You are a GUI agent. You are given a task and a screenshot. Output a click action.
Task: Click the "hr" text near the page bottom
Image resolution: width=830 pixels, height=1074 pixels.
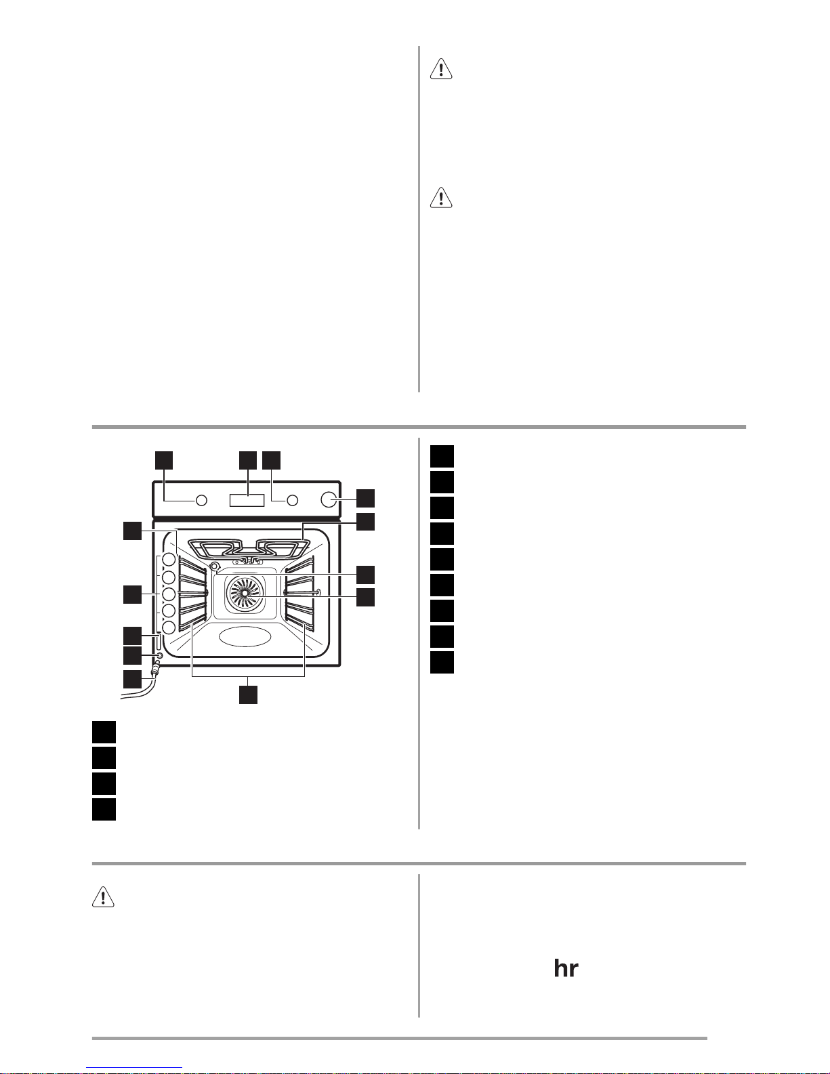pyautogui.click(x=566, y=969)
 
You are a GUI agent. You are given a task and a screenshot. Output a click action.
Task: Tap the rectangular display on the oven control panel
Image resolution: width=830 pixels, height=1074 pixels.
pyautogui.click(x=247, y=500)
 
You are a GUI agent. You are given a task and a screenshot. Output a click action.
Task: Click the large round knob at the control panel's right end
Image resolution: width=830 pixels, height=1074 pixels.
pyautogui.click(x=328, y=499)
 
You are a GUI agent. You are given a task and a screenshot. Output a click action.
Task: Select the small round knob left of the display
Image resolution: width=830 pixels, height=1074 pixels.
pyautogui.click(x=201, y=500)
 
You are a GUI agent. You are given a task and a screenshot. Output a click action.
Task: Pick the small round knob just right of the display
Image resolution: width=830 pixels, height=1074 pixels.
pyautogui.click(x=293, y=500)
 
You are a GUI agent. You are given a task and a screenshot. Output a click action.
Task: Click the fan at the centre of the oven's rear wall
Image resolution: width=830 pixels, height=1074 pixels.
pyautogui.click(x=245, y=592)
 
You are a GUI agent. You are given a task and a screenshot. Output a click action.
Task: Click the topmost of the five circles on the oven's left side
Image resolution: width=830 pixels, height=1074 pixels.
pyautogui.click(x=169, y=560)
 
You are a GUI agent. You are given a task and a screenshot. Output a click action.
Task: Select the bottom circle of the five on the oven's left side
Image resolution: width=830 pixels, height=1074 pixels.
pyautogui.click(x=169, y=627)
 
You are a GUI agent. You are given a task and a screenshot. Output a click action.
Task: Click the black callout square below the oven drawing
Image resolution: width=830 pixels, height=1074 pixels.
pyautogui.click(x=248, y=695)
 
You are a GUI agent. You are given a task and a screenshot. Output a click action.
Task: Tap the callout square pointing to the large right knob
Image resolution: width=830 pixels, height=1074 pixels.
pyautogui.click(x=366, y=498)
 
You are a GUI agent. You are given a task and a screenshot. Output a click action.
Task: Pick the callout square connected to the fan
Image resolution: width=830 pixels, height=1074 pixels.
pyautogui.click(x=366, y=597)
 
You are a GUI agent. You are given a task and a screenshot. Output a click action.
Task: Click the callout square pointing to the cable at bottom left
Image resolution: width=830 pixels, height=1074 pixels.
pyautogui.click(x=132, y=679)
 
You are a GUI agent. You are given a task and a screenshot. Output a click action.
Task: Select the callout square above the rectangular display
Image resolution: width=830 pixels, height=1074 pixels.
pyautogui.click(x=248, y=460)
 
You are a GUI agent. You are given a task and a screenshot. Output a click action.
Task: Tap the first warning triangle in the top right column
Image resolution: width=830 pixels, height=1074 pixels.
pyautogui.click(x=441, y=68)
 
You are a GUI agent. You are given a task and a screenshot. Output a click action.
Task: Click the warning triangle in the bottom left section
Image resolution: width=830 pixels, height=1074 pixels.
pyautogui.click(x=103, y=897)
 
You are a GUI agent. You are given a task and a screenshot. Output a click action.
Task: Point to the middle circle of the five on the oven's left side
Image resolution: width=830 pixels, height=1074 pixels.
pyautogui.click(x=169, y=594)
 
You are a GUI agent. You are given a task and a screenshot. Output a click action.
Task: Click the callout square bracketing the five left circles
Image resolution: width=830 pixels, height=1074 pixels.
pyautogui.click(x=132, y=594)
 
